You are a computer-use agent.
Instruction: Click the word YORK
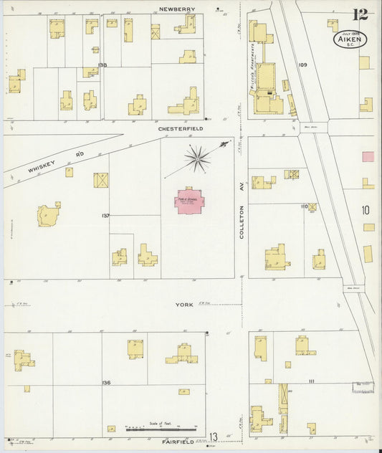click(x=184, y=305)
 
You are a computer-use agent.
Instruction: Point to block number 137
click(x=105, y=215)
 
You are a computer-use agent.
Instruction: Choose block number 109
click(x=302, y=65)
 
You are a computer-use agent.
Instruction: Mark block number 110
click(x=304, y=206)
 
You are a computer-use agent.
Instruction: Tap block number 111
click(x=311, y=381)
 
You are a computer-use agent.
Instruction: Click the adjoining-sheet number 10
click(x=366, y=210)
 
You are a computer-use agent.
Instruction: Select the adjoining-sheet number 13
click(x=213, y=437)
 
